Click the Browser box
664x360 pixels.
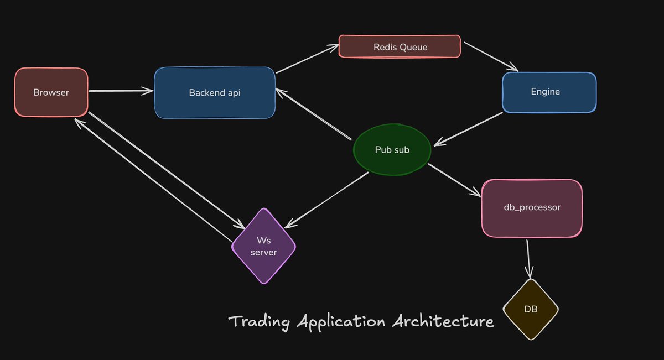coord(51,92)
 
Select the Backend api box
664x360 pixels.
coord(215,92)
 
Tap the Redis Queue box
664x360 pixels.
coord(399,47)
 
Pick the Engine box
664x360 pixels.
coord(549,92)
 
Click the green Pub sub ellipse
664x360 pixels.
coord(392,149)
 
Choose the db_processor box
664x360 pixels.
coord(532,207)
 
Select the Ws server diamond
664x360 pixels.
coord(263,246)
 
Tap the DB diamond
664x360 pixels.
coord(531,309)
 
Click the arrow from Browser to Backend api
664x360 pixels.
coord(121,91)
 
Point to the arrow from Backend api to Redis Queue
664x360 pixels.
coord(307,59)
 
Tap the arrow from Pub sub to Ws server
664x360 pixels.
coord(326,199)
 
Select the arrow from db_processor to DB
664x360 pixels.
coord(528,257)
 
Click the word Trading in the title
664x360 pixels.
coord(260,322)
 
